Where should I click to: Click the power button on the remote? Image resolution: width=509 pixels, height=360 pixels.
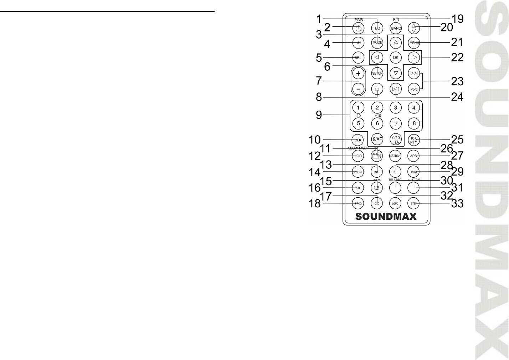point(358,28)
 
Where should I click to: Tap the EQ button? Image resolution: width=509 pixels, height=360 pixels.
point(377,28)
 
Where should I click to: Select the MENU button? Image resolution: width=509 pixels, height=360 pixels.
point(414,43)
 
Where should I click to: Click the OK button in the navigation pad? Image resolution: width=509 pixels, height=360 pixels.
point(395,57)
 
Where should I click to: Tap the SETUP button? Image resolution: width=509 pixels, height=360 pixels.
point(377,73)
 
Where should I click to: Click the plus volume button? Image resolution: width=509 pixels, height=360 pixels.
point(358,74)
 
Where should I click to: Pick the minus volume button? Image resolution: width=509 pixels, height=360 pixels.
point(358,88)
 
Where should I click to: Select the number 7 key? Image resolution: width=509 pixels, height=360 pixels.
point(395,123)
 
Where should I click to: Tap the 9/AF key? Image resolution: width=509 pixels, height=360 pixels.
point(377,140)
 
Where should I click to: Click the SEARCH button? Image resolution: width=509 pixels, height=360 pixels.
point(395,156)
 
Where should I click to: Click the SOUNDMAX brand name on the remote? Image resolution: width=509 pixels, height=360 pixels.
point(386,217)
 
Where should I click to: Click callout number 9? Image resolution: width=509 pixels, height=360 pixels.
point(319,115)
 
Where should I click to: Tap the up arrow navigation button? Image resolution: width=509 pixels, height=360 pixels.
point(395,42)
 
